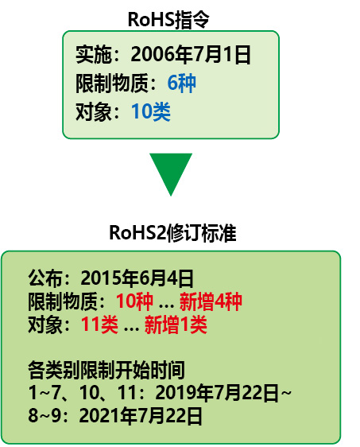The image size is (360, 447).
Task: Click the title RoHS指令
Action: point(168,20)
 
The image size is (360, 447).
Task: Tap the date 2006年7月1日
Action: point(191,55)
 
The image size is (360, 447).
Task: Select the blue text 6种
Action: point(181,83)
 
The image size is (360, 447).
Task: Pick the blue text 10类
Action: point(151,111)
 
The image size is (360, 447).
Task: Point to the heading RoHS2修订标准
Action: point(172,233)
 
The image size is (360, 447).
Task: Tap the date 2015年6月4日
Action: point(137,278)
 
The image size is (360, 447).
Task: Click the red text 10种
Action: point(134,301)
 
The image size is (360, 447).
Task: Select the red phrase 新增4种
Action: point(211,301)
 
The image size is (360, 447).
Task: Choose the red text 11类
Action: point(99,325)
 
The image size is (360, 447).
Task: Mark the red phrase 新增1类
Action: point(176,325)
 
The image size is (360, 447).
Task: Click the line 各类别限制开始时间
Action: point(106,371)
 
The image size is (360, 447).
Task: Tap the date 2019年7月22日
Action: point(217,393)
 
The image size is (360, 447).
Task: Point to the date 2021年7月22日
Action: point(141,416)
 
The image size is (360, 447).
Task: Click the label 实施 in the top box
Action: point(93,55)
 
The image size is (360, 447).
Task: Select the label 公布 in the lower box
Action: point(45,278)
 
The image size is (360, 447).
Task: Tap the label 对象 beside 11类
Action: point(45,325)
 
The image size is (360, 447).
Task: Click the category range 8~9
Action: point(45,416)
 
